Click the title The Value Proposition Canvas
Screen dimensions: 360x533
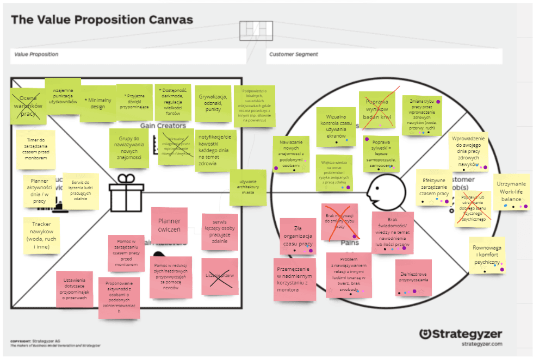pyautogui.click(x=102, y=20)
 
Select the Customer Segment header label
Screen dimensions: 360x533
pyautogui.click(x=294, y=54)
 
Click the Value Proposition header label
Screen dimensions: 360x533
pyautogui.click(x=36, y=54)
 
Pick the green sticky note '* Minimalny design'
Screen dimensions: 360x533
pyautogui.click(x=98, y=103)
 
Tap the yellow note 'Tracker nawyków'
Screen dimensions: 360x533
pyautogui.click(x=41, y=235)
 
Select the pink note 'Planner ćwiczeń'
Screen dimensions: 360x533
pyautogui.click(x=169, y=226)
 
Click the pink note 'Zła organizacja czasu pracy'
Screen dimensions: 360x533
pyautogui.click(x=298, y=236)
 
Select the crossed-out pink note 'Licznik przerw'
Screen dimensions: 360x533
pyautogui.click(x=220, y=276)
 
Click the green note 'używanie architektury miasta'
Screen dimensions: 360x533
pyautogui.click(x=247, y=188)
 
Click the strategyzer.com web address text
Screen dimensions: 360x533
pyautogui.click(x=481, y=344)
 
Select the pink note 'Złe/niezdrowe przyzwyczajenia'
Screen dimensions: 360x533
pyautogui.click(x=413, y=277)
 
